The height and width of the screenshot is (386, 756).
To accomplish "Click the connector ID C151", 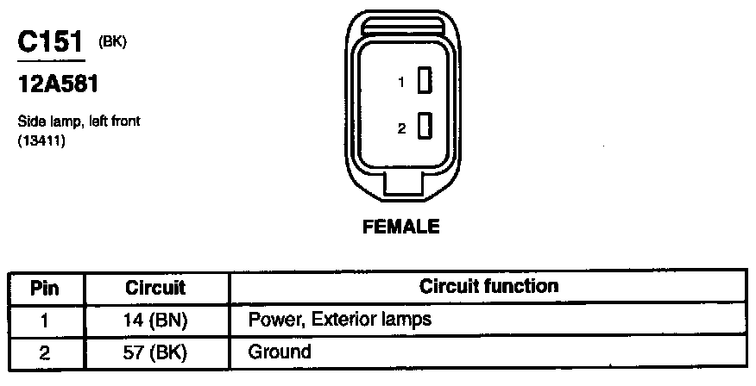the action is [x=51, y=43].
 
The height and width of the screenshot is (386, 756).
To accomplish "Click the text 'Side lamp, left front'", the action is [x=79, y=121].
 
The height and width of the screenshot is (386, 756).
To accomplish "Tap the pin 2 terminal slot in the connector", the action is [x=424, y=128].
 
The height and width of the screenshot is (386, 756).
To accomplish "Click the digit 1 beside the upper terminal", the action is [x=401, y=84].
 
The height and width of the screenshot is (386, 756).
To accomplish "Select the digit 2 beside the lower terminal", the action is [x=401, y=129].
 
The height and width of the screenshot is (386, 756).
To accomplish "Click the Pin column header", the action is [x=46, y=287].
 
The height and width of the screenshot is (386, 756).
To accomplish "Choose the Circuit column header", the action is [x=155, y=287].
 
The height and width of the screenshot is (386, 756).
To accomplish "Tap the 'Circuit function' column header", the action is [x=488, y=285].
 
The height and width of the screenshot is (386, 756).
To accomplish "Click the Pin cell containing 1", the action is [x=46, y=320].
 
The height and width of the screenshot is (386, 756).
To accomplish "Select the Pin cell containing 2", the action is [x=46, y=352].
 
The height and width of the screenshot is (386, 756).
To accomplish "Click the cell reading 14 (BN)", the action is [x=155, y=320].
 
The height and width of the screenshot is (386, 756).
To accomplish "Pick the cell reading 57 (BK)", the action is [x=155, y=352].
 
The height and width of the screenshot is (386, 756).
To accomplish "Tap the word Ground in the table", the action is [x=279, y=352].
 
